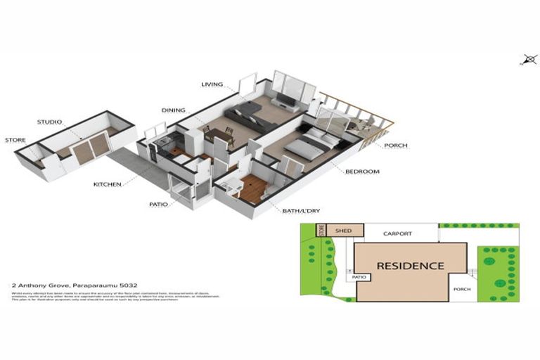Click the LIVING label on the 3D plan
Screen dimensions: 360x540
pos(212,85)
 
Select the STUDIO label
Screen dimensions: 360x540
pos(50,122)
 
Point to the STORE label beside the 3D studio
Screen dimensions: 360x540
pos(15,140)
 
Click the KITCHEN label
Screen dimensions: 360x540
pos(108,184)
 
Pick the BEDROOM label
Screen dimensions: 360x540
pos(362,171)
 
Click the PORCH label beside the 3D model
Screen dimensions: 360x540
pos(395,146)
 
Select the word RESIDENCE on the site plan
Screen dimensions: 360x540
pos(410,266)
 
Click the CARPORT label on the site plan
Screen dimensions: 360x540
pos(397,233)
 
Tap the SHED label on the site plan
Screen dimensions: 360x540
pos(343,230)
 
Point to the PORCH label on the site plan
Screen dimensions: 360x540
pos(462,289)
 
